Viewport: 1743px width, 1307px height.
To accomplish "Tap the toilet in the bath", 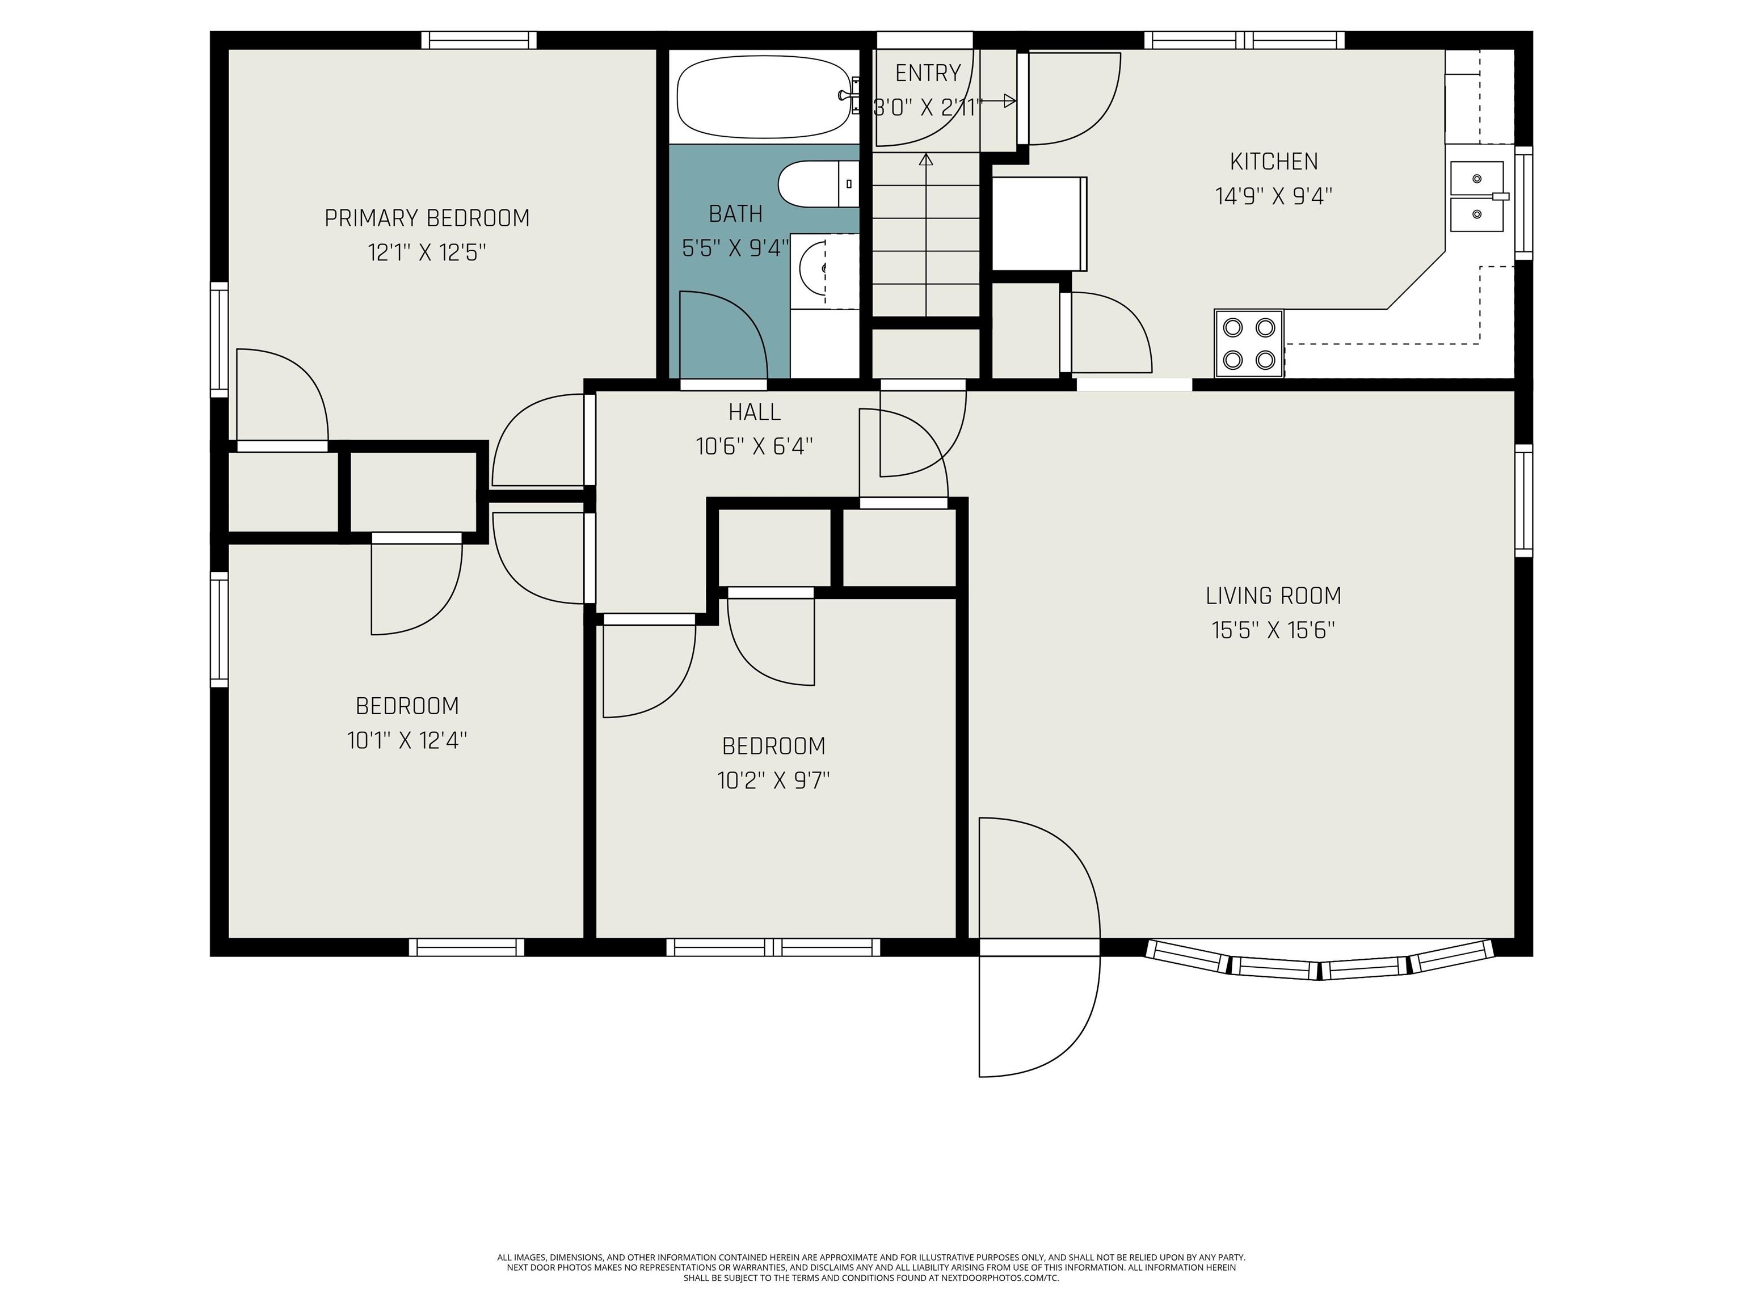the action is click(818, 185).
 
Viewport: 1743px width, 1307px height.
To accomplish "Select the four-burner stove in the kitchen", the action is click(1249, 343).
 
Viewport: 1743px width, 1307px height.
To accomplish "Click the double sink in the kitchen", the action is click(1478, 196).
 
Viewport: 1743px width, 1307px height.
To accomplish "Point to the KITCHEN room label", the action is click(1273, 162).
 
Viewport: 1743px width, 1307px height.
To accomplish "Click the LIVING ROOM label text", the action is click(1273, 596).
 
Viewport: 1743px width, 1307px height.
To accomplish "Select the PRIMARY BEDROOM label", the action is click(427, 218).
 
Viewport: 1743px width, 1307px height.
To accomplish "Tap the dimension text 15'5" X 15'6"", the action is click(1273, 630).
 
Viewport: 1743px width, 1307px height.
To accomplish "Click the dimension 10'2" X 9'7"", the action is click(773, 781).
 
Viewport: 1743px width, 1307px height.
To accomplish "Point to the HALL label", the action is click(754, 412).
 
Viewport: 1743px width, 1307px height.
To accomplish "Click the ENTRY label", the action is click(928, 73).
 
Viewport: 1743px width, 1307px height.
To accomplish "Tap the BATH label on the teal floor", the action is click(735, 213).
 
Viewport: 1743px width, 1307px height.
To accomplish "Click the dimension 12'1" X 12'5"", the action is click(427, 253).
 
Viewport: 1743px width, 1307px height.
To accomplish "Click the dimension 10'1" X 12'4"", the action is click(407, 740).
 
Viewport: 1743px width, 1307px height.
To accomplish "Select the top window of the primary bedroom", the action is click(478, 40).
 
